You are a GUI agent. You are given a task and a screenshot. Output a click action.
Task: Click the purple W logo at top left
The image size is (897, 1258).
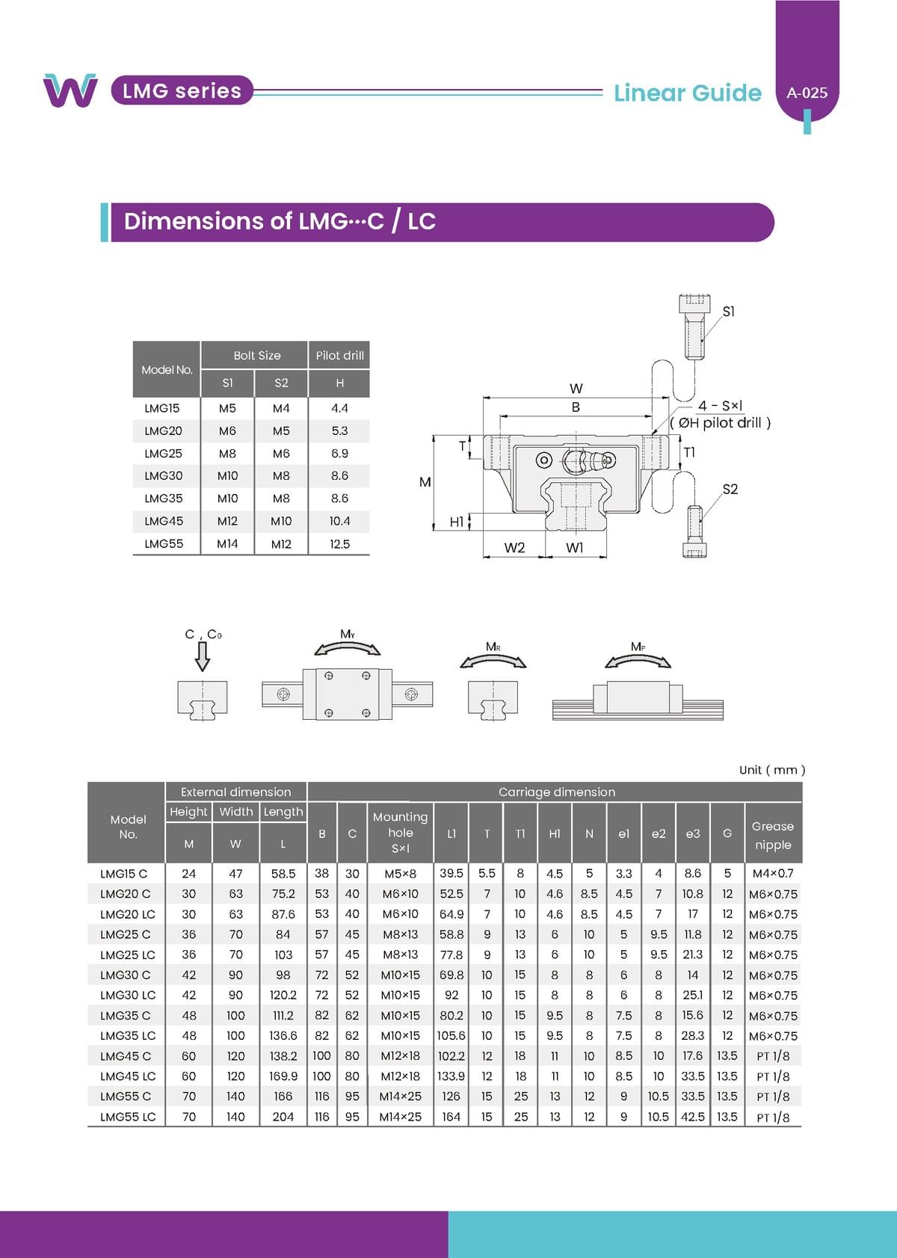point(70,90)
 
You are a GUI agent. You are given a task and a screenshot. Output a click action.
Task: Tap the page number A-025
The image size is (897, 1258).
point(807,93)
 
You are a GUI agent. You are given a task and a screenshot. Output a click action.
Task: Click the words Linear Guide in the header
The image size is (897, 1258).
point(687,93)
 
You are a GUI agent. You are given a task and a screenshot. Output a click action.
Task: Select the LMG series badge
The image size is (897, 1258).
point(182,91)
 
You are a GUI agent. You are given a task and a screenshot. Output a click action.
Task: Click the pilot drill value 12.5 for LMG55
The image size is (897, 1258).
point(339,544)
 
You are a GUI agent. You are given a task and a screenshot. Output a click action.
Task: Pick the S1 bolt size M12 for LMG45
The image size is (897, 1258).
point(227,521)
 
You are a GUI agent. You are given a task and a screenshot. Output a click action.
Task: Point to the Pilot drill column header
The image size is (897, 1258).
point(339,356)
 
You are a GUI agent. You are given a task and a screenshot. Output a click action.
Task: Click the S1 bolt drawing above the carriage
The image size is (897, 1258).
point(694,326)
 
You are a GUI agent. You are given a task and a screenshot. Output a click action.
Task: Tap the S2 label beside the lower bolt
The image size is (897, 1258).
point(730,490)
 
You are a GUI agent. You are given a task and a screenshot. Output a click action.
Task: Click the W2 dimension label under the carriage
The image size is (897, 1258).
point(514,548)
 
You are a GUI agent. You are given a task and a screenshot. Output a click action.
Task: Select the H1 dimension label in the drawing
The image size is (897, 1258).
point(456,522)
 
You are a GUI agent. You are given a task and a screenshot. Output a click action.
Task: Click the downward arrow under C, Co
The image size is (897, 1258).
point(202,656)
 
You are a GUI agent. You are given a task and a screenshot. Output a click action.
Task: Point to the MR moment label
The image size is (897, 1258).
point(493,647)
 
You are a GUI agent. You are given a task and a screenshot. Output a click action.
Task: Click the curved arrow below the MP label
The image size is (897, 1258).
point(638,661)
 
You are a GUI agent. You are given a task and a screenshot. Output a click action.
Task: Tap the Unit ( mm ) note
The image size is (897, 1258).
point(771,770)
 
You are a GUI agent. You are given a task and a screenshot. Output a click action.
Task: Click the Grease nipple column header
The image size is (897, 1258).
point(772,835)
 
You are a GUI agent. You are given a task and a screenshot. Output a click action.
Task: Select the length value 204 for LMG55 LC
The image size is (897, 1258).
point(283,1117)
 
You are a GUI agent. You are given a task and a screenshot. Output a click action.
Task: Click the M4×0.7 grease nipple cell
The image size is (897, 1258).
point(772,873)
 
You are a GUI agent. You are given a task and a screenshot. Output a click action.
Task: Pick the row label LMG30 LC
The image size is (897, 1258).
point(128,995)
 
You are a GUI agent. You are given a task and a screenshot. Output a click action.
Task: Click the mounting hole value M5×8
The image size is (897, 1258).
point(400,873)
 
